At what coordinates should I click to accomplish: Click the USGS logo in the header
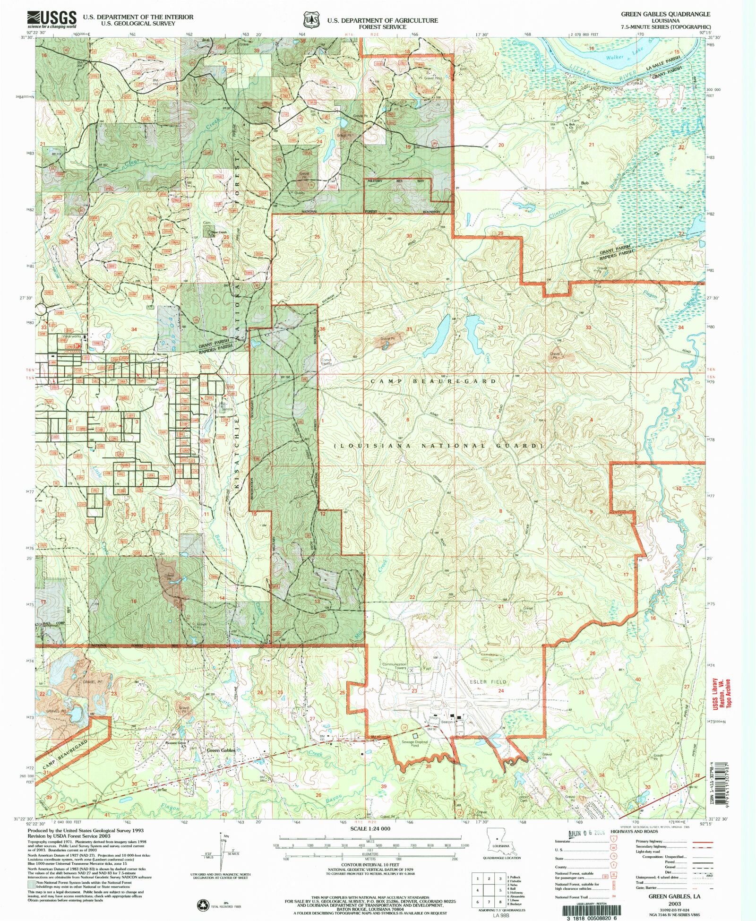tap(52, 19)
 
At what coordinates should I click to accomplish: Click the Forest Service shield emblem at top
tap(310, 21)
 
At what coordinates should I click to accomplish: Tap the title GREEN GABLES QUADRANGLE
tap(665, 15)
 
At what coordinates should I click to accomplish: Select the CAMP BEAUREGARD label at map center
tap(433, 381)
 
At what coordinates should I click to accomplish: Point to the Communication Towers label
tap(394, 666)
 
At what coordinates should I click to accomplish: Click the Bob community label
tap(584, 183)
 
